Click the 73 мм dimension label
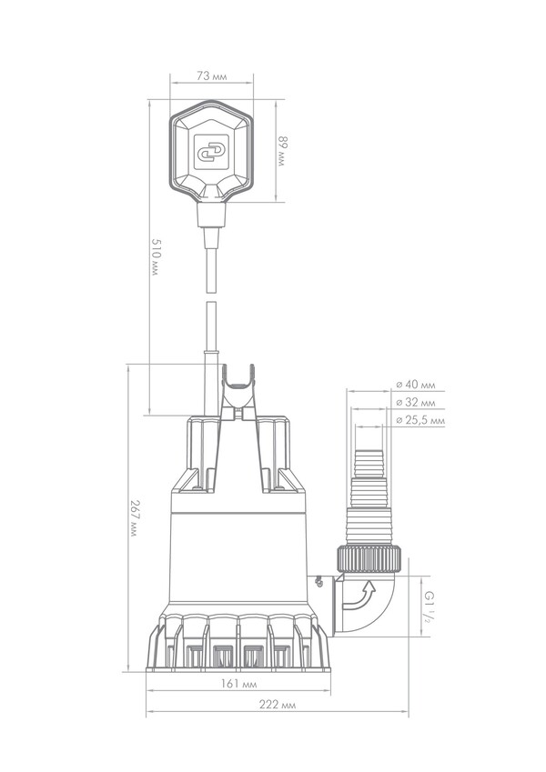[212, 76]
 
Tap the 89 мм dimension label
[281, 151]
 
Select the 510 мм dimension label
[156, 257]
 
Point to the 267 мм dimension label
[134, 518]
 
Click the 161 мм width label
[238, 684]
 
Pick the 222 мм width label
[278, 704]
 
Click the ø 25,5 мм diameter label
[420, 420]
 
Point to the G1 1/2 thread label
[429, 607]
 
